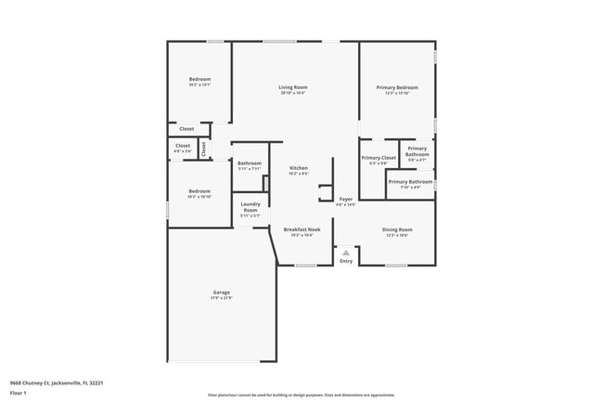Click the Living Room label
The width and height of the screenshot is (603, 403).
(x=292, y=88)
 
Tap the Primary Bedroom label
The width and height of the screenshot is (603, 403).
(x=396, y=88)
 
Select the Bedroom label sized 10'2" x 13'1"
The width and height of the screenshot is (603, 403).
(x=200, y=81)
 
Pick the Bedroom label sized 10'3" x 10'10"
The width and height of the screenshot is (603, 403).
(x=199, y=191)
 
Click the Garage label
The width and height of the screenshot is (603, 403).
(x=221, y=292)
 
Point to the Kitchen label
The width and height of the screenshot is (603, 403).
(x=298, y=168)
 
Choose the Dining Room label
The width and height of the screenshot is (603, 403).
(x=396, y=229)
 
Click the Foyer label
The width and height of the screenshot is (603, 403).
(x=345, y=199)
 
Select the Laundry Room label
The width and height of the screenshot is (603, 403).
(x=250, y=207)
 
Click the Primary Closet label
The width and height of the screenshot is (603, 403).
(x=378, y=158)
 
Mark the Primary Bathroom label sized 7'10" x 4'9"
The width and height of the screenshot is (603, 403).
(x=410, y=182)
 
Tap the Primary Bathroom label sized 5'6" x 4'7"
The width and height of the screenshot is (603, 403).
(x=417, y=151)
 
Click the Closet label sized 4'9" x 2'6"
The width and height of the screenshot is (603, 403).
(x=183, y=146)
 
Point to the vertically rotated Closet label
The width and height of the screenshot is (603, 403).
(x=203, y=149)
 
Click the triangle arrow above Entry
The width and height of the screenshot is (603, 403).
(x=346, y=252)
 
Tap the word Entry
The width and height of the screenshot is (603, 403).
(x=346, y=261)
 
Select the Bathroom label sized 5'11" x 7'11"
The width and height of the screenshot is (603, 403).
(x=250, y=163)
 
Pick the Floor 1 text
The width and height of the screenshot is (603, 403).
(x=19, y=392)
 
